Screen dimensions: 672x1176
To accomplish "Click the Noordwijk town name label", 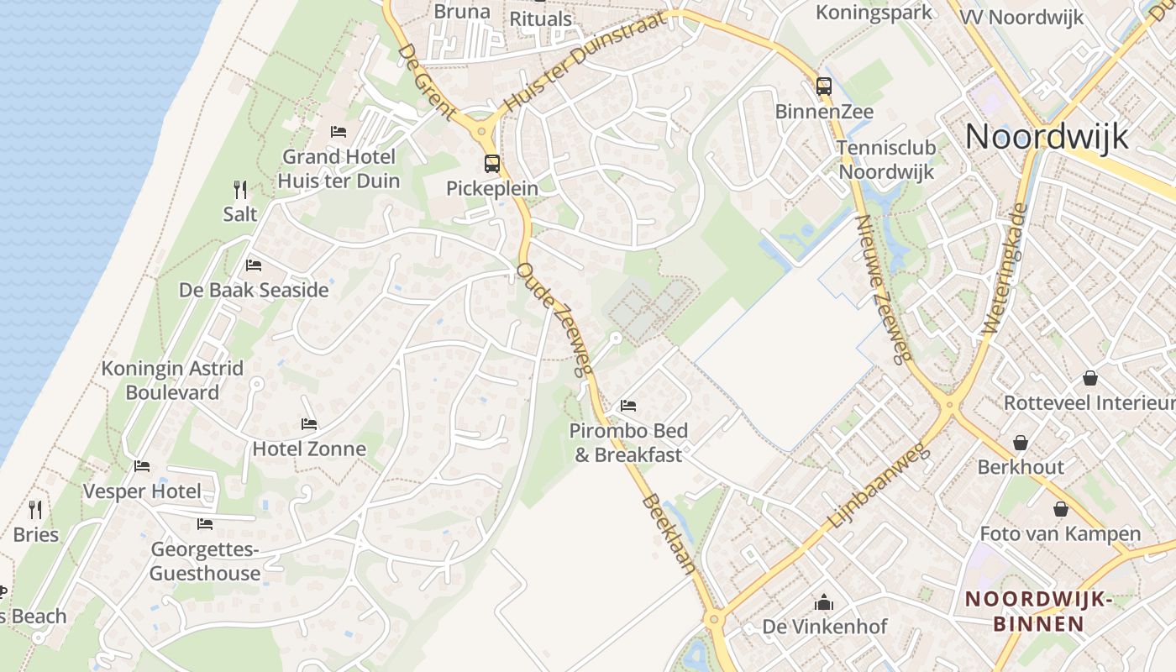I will coord(1047,136).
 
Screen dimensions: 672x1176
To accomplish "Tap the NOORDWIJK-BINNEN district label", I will coord(1040,612).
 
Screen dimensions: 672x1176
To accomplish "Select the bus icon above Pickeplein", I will coord(491,164).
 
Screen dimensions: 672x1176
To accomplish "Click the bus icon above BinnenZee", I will coord(823,86).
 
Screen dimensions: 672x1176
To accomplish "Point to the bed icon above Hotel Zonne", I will coord(309,424).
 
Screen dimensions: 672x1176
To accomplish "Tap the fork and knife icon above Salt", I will coord(240,190).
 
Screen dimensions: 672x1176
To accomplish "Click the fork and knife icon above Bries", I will coord(35,510).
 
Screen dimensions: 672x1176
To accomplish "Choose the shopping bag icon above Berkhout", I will coord(1020,443).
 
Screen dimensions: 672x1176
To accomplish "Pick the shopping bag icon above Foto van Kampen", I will coord(1060,509).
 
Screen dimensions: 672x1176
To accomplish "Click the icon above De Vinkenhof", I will coord(823,602).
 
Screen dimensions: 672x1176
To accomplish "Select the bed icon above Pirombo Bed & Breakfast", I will coord(628,406).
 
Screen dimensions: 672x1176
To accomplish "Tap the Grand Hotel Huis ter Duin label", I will coord(339,168).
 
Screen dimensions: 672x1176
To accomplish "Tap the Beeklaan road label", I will coord(669,534).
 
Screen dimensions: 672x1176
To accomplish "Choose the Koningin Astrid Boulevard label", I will coord(172,381).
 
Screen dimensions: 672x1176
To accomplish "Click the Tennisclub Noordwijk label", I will coord(886,160).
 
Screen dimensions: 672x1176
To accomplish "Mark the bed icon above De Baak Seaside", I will coord(254,265).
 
